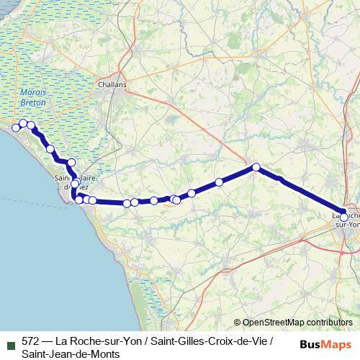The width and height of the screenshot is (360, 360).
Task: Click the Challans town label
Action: click(112, 84)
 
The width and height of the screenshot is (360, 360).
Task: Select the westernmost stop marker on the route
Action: click(16, 127)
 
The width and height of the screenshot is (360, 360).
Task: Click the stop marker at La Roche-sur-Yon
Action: click(344, 217)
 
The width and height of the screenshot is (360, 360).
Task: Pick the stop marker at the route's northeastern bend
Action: click(256, 168)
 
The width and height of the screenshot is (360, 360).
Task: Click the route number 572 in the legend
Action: click(31, 341)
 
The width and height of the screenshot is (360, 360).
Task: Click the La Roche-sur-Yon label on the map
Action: click(345, 219)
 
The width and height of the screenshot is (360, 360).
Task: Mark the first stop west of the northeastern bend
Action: click(219, 182)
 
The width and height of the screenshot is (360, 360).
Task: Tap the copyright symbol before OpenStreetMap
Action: click(238, 323)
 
